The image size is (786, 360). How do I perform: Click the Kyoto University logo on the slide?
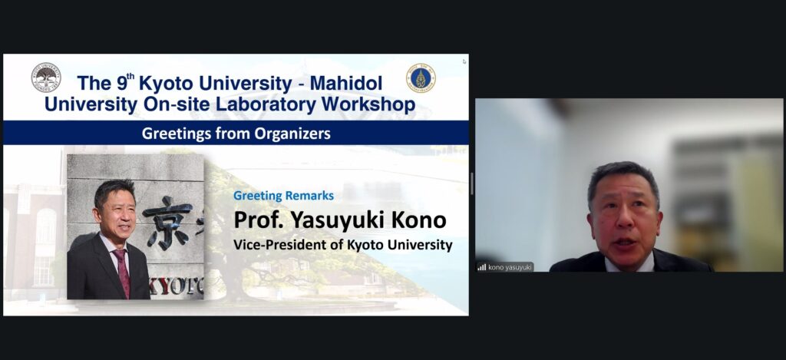coord(46,78)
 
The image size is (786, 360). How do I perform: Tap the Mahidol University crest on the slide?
coord(421,78)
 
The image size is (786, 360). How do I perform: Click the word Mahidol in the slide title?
coord(346,83)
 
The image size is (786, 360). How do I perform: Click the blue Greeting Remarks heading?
coord(284,196)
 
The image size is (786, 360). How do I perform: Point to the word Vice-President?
coord(272,245)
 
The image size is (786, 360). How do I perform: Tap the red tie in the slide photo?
coord(122,272)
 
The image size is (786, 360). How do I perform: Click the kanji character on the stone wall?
coord(167,222)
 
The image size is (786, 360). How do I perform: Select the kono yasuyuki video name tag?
coord(505,267)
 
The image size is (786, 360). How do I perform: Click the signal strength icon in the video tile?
coord(482,267)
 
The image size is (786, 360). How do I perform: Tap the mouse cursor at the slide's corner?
coord(464,61)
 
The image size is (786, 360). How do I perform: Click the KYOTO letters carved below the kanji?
coord(177,287)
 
